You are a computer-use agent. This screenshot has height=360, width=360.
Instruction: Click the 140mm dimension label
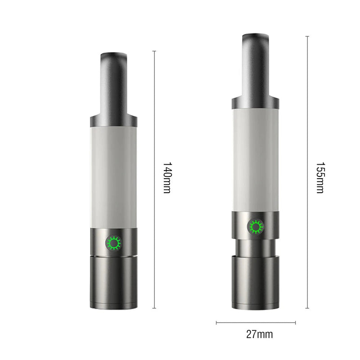point(166,178)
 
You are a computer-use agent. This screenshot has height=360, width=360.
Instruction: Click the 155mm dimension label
point(319,178)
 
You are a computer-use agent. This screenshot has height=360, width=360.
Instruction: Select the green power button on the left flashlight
point(113,244)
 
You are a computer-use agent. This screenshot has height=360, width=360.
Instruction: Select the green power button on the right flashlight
point(256,226)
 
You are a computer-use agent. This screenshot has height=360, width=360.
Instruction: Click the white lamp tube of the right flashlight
point(256,160)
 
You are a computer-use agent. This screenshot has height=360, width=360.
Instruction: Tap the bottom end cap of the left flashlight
point(113,283)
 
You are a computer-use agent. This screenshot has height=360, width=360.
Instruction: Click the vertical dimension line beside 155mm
point(307,112)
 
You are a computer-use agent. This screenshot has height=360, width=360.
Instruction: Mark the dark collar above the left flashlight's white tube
point(113,121)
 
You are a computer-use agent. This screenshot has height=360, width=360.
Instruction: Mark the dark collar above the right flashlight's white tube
point(256,103)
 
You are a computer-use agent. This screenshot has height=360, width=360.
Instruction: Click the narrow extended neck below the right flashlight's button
point(256,247)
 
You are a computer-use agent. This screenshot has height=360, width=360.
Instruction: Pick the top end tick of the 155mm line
point(307,36)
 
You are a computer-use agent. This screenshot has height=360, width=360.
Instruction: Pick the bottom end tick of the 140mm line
point(154,308)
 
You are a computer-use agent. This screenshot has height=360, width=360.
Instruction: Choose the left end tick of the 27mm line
point(216,322)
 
